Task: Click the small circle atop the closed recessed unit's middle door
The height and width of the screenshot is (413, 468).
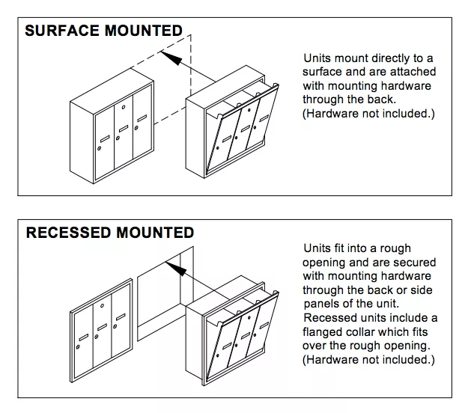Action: tap(102, 306)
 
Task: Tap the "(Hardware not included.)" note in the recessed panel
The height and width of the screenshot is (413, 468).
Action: tap(368, 360)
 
